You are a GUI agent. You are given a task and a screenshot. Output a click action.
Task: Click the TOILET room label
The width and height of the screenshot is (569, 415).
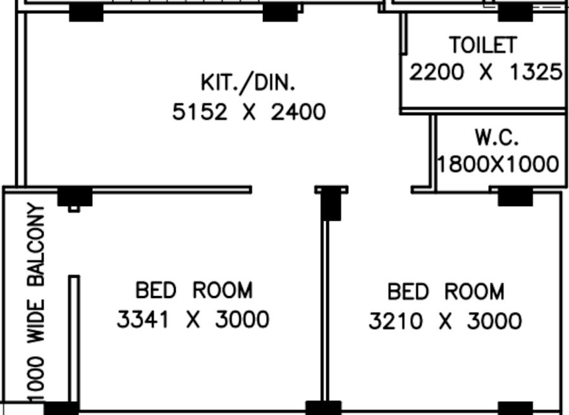(483, 45)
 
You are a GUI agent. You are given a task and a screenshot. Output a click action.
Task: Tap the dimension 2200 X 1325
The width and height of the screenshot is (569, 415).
(485, 72)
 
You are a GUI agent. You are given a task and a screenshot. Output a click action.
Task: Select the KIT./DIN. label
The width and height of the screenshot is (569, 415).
(248, 82)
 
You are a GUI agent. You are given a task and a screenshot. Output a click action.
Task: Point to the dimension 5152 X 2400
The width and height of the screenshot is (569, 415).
(249, 113)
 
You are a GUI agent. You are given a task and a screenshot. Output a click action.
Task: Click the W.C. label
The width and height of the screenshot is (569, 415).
(497, 137)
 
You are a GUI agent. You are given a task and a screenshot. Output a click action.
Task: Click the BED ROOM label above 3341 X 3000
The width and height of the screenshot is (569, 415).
(194, 290)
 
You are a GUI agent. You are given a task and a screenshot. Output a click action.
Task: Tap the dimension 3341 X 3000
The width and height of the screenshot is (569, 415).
(193, 319)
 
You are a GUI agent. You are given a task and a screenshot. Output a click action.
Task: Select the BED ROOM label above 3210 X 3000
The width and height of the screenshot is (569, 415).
(446, 292)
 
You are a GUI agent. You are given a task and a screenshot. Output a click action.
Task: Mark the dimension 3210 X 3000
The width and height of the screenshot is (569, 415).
(445, 321)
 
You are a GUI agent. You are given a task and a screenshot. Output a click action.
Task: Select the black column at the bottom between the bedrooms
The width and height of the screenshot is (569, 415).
(323, 408)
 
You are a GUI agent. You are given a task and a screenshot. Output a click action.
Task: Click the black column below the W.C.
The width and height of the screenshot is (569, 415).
(515, 197)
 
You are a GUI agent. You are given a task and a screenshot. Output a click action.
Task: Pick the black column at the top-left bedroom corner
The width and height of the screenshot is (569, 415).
(75, 197)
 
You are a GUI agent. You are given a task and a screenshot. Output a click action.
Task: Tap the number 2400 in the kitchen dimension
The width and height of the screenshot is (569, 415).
(298, 113)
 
